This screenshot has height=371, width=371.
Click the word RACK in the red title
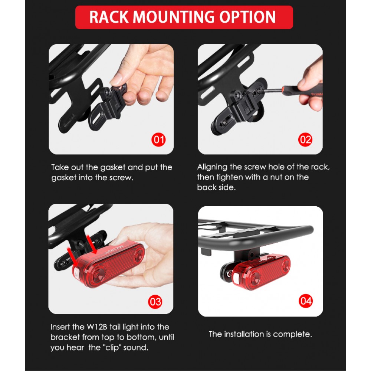coord(109,17)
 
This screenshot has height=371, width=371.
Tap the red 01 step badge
coord(158,139)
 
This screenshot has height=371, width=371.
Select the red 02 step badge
coord(305,139)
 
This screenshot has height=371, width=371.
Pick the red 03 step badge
coord(155,302)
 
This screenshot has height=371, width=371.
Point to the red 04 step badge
coord(305,301)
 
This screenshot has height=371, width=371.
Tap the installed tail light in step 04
coord(260,272)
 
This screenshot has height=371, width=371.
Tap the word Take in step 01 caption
coord(60,167)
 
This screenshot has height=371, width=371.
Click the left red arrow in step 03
coord(72,257)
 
